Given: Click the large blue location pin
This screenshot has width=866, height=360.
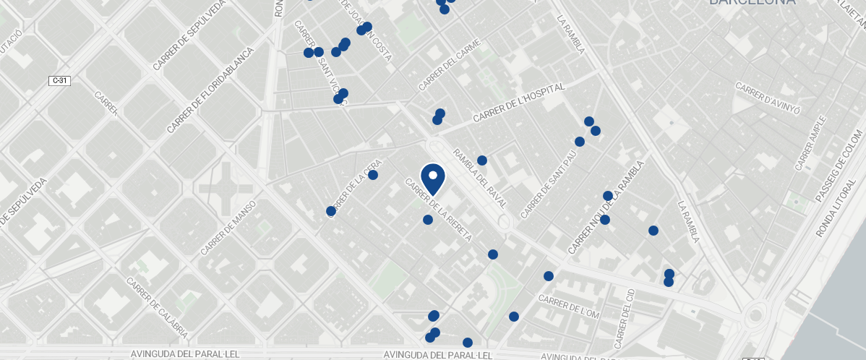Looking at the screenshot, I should (432, 178).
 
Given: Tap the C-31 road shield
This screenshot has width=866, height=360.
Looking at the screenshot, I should (60, 80).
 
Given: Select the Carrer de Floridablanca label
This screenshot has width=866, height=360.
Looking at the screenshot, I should (210, 91).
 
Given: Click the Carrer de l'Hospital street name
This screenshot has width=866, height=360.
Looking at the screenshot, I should (518, 104).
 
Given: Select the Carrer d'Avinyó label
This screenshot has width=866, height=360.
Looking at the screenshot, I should (768, 98).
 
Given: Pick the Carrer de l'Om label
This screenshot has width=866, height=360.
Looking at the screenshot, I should (569, 307).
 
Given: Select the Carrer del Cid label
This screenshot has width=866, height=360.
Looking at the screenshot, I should (624, 318).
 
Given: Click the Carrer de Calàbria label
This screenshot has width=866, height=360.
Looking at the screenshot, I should (158, 309).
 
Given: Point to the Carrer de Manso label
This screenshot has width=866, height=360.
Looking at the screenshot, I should (229, 228).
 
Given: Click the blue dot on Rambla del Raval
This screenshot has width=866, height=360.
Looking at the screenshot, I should (482, 160).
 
